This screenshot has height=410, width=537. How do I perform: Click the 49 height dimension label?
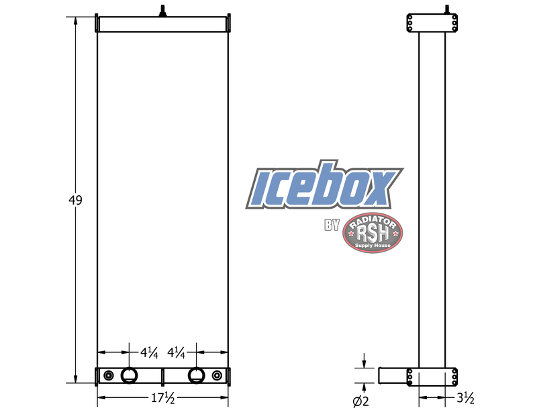75,201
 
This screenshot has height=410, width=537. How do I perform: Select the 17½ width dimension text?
162,399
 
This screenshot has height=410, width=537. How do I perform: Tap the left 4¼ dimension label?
149,352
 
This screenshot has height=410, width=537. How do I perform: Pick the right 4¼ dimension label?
176,352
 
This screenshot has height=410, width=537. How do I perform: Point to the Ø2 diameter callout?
361,401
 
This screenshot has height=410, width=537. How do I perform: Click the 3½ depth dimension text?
466,399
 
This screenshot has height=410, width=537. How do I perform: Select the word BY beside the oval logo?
332,226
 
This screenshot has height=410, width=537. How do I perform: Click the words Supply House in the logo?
372,246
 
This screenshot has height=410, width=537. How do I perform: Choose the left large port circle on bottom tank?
129,375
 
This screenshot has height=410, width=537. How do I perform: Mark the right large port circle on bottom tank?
196,375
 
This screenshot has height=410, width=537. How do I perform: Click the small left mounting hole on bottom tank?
109,375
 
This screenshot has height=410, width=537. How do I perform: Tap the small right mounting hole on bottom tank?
216,375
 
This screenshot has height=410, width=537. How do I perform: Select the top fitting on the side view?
446,10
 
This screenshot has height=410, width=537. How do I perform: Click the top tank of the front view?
162,24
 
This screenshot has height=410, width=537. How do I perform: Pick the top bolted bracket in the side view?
432,24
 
